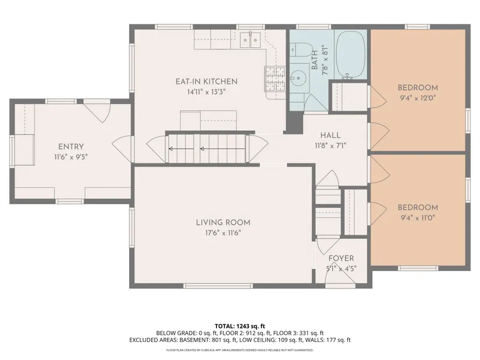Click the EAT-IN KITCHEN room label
(x=207, y=81)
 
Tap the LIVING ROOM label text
(x=223, y=223)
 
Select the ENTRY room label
(x=71, y=147)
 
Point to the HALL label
(x=330, y=136)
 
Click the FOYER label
(x=341, y=258)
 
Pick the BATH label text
(x=315, y=60)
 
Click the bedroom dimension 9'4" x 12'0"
(x=418, y=98)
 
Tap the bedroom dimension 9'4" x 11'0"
(x=418, y=218)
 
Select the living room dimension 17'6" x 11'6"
(x=223, y=233)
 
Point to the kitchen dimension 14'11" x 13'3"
(x=207, y=92)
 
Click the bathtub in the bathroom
(x=350, y=55)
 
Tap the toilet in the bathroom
(x=301, y=49)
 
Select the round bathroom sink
(x=296, y=77)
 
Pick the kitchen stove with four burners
(x=275, y=79)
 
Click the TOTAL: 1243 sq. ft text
(x=240, y=326)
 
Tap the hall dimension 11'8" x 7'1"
(x=330, y=146)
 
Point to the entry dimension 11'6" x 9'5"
(x=71, y=157)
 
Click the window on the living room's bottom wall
(x=218, y=286)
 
